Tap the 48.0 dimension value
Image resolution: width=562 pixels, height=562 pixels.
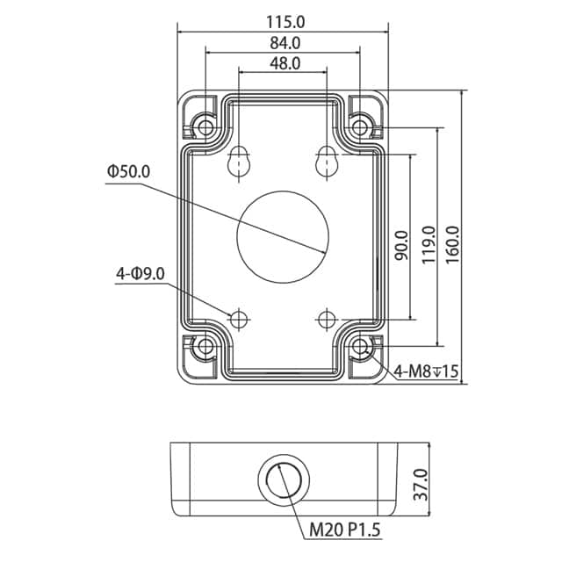[284, 62]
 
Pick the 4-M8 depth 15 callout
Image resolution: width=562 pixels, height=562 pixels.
[427, 371]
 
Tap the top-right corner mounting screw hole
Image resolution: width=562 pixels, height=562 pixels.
[359, 127]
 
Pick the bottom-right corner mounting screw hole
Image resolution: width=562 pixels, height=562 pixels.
[359, 348]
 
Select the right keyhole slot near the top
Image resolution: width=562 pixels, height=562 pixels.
[327, 162]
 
